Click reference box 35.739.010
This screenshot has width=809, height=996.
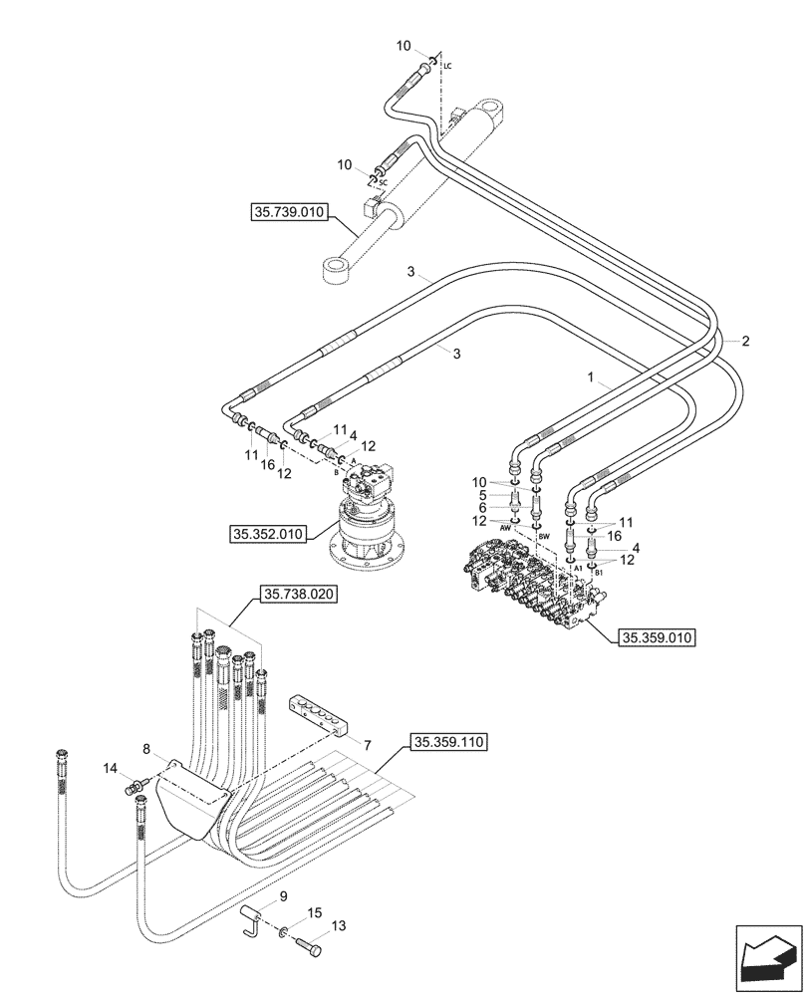[288, 212]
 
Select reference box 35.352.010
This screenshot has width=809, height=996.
[266, 535]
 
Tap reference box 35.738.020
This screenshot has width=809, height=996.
[299, 595]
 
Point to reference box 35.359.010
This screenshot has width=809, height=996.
[657, 637]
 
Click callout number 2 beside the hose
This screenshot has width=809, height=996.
[745, 340]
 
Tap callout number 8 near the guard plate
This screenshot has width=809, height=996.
[146, 748]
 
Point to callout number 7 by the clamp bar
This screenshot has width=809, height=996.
[367, 745]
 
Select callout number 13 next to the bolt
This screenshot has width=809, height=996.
[338, 926]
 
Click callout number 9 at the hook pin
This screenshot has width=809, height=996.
[283, 897]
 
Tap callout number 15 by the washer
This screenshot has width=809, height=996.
[314, 911]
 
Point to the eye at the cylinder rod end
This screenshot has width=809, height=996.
[336, 270]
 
